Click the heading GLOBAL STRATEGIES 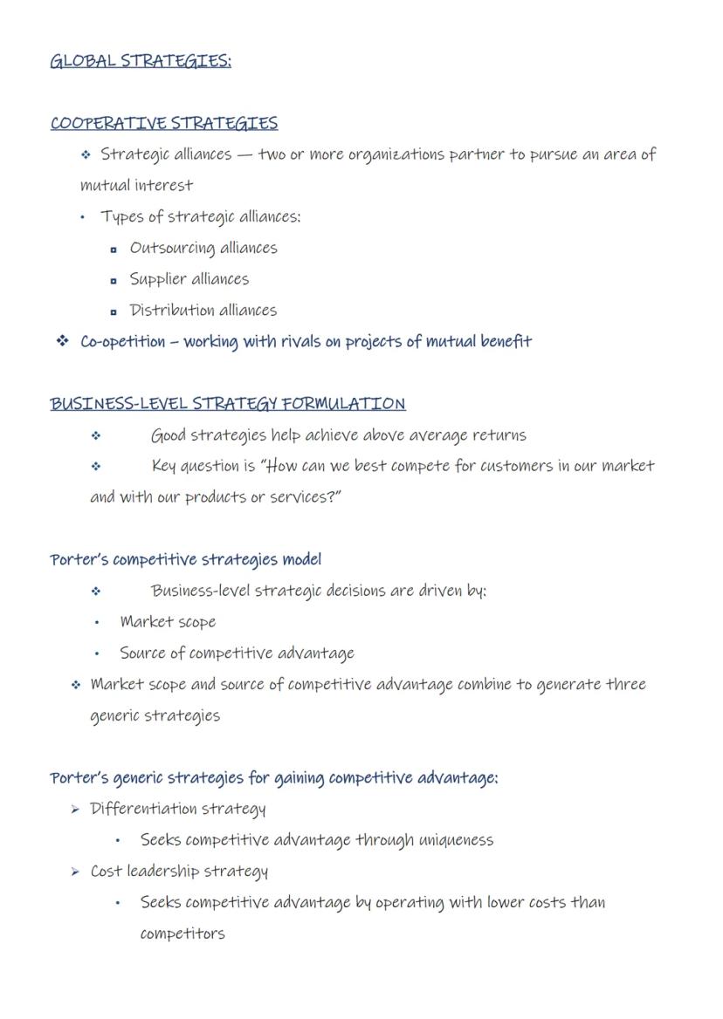point(141,61)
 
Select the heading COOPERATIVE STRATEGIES point(164,123)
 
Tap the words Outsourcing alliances point(203,248)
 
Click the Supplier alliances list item point(189,279)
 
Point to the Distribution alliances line point(203,311)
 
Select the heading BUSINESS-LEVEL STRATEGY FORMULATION point(228,404)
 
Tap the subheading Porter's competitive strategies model point(186,559)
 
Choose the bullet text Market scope point(168,622)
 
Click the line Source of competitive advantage point(237,653)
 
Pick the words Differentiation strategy point(178,809)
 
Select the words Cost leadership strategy point(179,872)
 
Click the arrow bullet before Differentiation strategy point(76,810)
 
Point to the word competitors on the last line point(182,934)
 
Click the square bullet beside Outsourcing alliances point(114,250)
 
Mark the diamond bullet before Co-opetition point(62,341)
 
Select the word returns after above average point(499,435)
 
